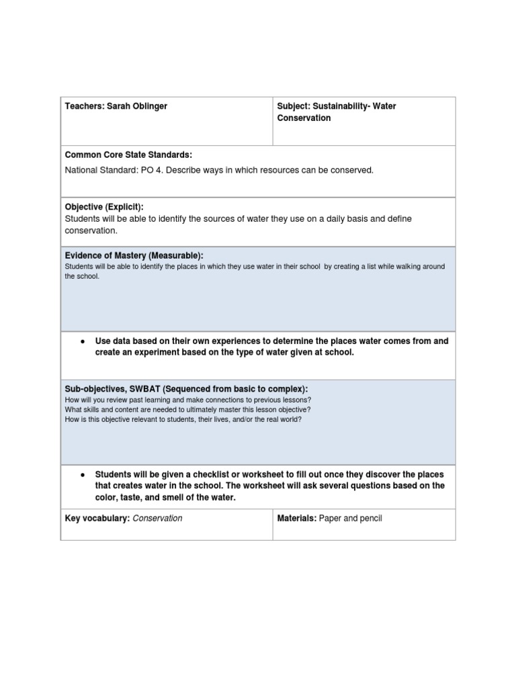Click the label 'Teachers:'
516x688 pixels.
point(84,106)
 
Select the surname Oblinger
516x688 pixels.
point(152,106)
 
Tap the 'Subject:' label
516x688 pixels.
point(294,106)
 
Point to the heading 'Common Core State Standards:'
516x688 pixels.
point(128,155)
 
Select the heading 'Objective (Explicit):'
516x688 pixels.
point(104,207)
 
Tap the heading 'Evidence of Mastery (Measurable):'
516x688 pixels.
point(134,255)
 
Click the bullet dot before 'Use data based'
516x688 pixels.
point(82,341)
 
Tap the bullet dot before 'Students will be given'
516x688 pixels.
point(82,474)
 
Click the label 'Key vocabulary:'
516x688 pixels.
point(97,519)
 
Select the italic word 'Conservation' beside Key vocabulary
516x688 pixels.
point(158,519)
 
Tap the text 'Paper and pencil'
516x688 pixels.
point(350,519)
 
